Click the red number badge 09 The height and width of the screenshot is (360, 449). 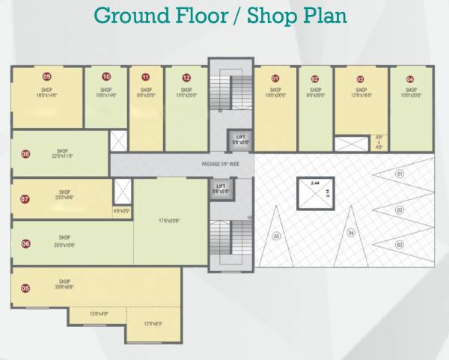(46, 77)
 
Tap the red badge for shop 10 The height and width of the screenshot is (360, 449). (106, 77)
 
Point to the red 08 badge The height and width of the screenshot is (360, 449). (25, 155)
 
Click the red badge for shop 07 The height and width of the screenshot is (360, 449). (25, 199)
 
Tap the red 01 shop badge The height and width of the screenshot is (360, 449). (275, 79)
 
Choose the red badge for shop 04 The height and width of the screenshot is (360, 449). (410, 79)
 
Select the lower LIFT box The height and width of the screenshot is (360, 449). (221, 188)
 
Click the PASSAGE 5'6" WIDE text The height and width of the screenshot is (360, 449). (220, 164)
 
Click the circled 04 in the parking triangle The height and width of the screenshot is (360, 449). (350, 233)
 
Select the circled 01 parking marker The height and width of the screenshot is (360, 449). (400, 174)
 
